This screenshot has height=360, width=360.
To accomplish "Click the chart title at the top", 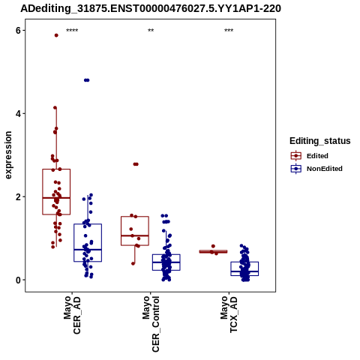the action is pos(151,8).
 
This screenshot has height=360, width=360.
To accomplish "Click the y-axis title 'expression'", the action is pos(8,155).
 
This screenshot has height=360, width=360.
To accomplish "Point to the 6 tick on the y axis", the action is pos(18,30).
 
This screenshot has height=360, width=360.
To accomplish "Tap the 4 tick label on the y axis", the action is pos(18,113).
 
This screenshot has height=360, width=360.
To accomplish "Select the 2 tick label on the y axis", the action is pos(18,196).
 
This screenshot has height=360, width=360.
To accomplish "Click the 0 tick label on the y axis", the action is pos(18,280).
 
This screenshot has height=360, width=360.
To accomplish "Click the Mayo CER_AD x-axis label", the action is pos(72,315).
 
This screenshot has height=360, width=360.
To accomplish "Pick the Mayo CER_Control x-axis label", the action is pos(151,324).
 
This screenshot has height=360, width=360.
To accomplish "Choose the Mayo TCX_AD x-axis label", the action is pos(229,314).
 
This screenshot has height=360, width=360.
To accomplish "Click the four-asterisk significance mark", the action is pos(72,31).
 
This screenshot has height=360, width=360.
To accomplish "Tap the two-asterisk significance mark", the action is pos(151,31).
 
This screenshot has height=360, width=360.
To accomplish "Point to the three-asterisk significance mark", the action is pos(229,31).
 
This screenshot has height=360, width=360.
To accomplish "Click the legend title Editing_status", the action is pos(320,141).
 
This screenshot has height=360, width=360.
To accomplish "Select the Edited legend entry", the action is pos(309,156).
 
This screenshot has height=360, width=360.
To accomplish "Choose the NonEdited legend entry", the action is pos(316,169).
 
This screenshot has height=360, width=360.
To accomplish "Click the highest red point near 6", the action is pos(56,35).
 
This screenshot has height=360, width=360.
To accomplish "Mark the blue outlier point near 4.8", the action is pos(87,80).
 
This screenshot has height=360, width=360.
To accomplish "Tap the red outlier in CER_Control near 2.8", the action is pos(136,164).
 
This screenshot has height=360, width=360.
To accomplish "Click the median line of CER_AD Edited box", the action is pos(56,198).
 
